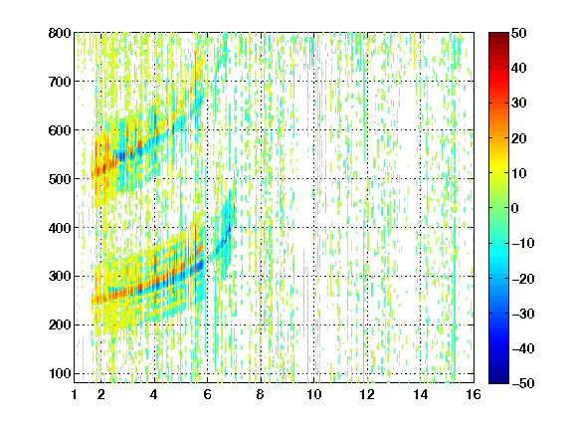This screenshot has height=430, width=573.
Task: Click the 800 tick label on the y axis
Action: [x=60, y=33]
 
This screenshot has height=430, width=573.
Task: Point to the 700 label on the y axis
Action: [x=60, y=82]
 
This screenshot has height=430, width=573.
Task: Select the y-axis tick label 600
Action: [x=60, y=130]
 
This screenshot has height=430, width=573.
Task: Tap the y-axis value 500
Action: [x=60, y=179]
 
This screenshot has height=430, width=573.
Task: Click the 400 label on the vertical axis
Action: [x=60, y=228]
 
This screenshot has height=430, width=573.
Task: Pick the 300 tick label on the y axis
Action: [x=60, y=276]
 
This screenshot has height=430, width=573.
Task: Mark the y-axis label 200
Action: [x=60, y=324]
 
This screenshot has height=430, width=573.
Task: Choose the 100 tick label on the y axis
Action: [x=60, y=373]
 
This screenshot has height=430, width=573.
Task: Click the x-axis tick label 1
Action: [x=75, y=394]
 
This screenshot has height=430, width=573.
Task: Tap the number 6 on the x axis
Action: [x=207, y=394]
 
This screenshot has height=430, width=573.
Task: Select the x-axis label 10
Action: [x=314, y=394]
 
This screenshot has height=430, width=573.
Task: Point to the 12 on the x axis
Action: [x=367, y=394]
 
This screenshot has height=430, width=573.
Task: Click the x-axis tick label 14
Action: [x=420, y=394]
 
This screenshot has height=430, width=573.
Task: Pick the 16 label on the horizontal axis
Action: [x=474, y=394]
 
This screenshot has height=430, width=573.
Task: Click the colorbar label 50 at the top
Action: [x=518, y=33]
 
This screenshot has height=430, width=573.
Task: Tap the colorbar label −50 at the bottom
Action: [x=523, y=383]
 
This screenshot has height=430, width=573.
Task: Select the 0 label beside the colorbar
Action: [x=514, y=208]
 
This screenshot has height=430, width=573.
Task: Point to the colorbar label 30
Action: [x=518, y=104]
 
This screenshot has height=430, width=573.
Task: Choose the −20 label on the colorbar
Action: [x=523, y=279]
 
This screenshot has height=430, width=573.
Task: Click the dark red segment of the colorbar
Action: [x=498, y=39]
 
